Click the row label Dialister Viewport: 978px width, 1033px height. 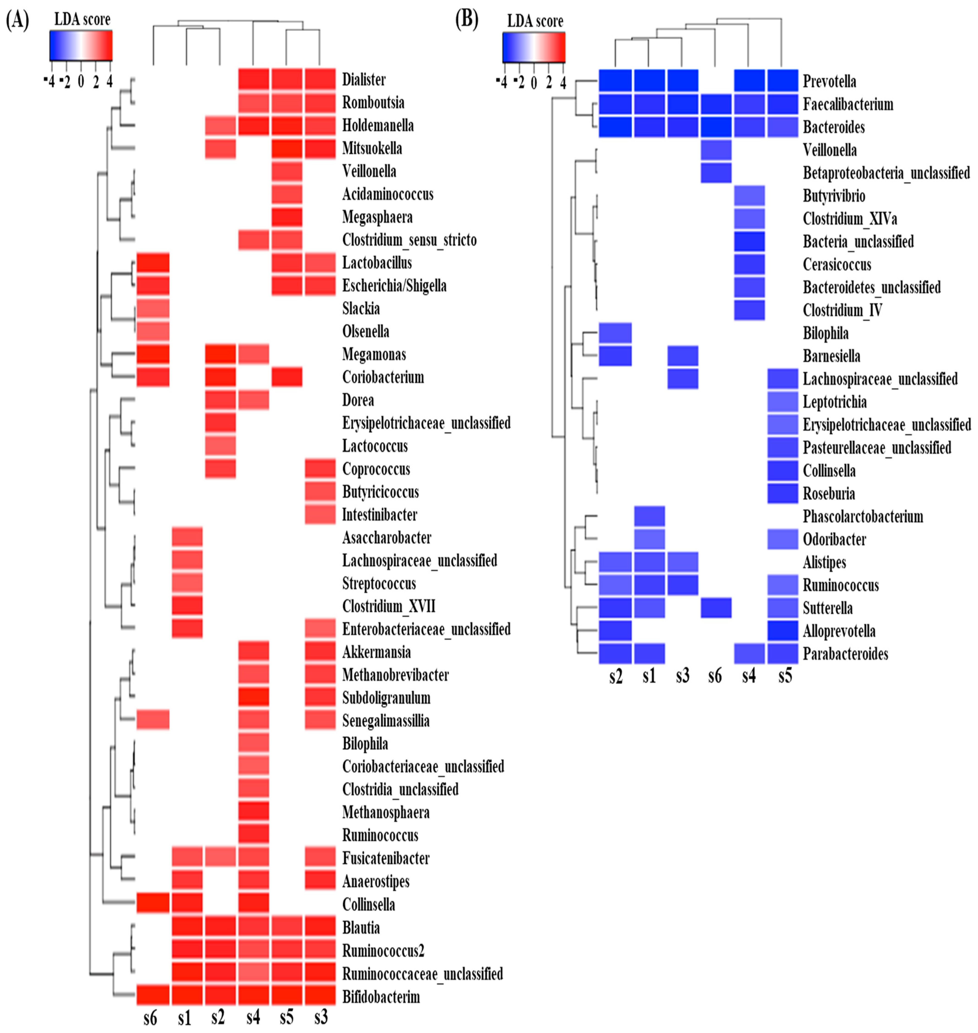pyautogui.click(x=363, y=80)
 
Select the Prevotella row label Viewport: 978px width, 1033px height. pyautogui.click(x=829, y=81)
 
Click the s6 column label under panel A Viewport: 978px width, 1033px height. pyautogui.click(x=150, y=1018)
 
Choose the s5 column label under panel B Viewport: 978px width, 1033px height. pyautogui.click(x=785, y=676)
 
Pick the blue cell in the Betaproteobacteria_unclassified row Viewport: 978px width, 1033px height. pyautogui.click(x=716, y=173)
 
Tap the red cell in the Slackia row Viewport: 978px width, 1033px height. pyautogui.click(x=153, y=309)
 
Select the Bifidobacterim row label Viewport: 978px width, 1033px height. pyautogui.click(x=381, y=997)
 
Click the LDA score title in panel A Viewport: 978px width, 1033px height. pyautogui.click(x=82, y=20)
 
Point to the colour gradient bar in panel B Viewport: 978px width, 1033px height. pyautogui.click(x=533, y=47)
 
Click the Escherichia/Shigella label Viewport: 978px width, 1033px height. pyautogui.click(x=394, y=286)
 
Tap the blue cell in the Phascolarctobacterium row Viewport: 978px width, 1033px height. pyautogui.click(x=649, y=516)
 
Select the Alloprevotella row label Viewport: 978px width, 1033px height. pyautogui.click(x=839, y=631)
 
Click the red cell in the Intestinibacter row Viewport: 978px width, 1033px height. pyautogui.click(x=320, y=514)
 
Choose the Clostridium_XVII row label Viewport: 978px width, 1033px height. pyautogui.click(x=388, y=606)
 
